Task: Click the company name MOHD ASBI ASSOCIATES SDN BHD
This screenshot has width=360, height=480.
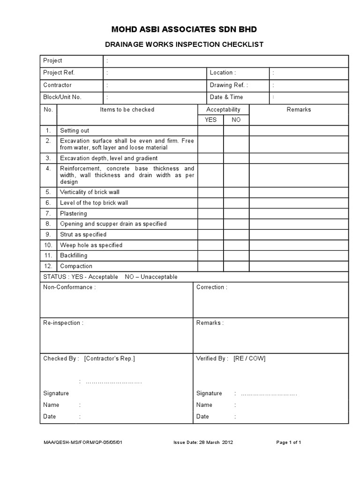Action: click(184, 30)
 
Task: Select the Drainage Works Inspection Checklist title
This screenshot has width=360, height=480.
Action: click(183, 45)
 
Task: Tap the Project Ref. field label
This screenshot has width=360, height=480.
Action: click(59, 73)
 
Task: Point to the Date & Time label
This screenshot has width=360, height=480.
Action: click(226, 97)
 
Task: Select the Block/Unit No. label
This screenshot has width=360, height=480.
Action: click(62, 97)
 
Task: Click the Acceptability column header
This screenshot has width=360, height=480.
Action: click(223, 109)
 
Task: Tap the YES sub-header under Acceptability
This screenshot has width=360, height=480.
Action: click(210, 120)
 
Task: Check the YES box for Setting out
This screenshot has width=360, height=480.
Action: click(210, 130)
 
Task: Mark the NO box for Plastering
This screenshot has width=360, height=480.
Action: click(236, 213)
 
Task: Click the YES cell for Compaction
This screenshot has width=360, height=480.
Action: click(210, 266)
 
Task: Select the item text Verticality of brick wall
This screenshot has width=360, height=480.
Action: click(90, 192)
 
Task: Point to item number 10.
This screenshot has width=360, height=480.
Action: click(48, 245)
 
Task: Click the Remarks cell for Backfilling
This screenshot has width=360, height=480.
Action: click(299, 255)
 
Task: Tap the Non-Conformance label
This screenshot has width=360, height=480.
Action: click(69, 287)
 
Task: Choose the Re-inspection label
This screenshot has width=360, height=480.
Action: click(63, 323)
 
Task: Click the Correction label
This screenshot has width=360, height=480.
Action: click(212, 287)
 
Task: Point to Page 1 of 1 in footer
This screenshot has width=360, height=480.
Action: click(289, 442)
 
